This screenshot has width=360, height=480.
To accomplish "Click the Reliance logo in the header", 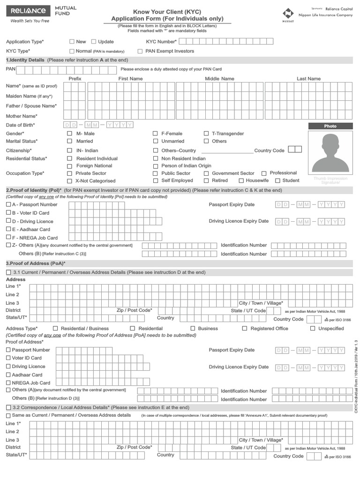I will pyautogui.click(x=29, y=11).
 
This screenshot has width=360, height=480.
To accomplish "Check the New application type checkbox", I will pyautogui.click(x=72, y=42).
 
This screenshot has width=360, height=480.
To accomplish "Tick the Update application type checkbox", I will pyautogui.click(x=94, y=42).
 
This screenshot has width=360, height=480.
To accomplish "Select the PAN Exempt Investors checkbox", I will pyautogui.click(x=140, y=51).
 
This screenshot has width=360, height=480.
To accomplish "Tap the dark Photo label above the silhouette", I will pyautogui.click(x=330, y=126).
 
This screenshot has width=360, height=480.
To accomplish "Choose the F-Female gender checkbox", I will pyautogui.click(x=155, y=134).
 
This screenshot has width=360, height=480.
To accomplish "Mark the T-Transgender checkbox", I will pyautogui.click(x=206, y=134).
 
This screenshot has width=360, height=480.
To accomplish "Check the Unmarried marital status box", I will pyautogui.click(x=155, y=141).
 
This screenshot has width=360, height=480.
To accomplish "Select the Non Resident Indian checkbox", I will pyautogui.click(x=155, y=158).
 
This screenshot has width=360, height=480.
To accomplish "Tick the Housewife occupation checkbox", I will pyautogui.click(x=241, y=180).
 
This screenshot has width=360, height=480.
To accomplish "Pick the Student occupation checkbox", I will pyautogui.click(x=277, y=180).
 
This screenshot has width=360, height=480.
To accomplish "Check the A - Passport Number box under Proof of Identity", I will pyautogui.click(x=8, y=204).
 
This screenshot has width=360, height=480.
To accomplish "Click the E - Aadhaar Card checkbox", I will pyautogui.click(x=8, y=229).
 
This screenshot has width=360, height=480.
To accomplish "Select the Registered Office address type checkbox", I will pyautogui.click(x=244, y=329).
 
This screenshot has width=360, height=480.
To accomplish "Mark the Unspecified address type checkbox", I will pyautogui.click(x=313, y=329).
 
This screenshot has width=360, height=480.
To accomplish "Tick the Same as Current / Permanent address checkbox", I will pyautogui.click(x=8, y=415).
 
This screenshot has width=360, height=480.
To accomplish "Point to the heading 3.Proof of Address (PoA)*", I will pyautogui.click(x=36, y=263).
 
